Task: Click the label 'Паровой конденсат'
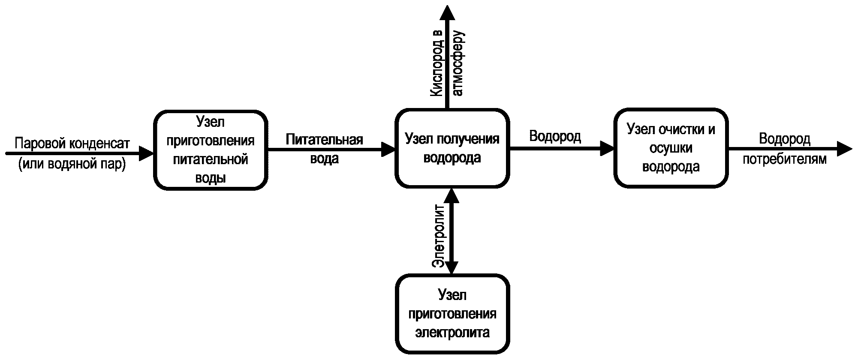(x=72, y=143)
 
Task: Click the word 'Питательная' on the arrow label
(x=324, y=140)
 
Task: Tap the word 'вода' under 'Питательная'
(x=324, y=159)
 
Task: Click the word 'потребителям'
(x=784, y=159)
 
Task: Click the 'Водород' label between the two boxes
(x=555, y=136)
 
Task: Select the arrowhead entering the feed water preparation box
(x=146, y=152)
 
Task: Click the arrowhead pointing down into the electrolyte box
(x=452, y=267)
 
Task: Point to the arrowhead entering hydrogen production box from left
(x=388, y=150)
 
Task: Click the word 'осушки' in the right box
(x=671, y=148)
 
